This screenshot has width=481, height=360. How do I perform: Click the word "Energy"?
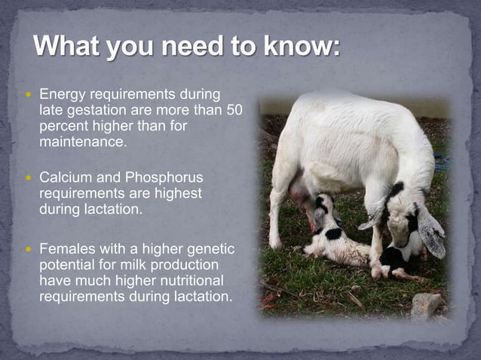tap(63, 96)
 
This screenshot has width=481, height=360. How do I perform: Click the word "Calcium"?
tap(63, 177)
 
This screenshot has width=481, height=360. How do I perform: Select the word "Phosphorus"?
tap(164, 177)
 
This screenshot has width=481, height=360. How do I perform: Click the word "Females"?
tap(66, 249)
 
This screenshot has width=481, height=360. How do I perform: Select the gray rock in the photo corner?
tap(426, 304)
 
